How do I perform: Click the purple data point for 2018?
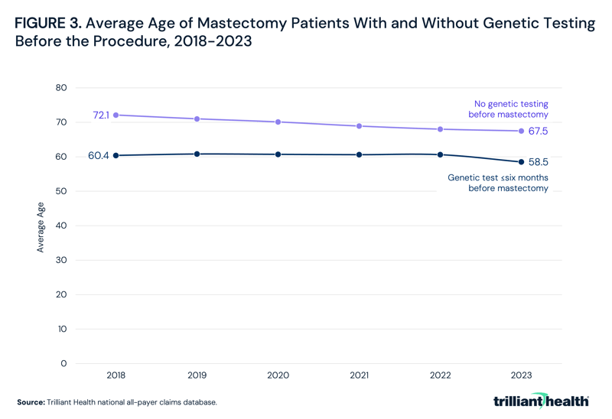[116, 115]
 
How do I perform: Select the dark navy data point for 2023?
[522, 162]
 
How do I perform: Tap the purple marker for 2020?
[278, 122]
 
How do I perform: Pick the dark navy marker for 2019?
[197, 154]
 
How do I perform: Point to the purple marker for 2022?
[441, 129]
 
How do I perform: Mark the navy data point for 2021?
[360, 155]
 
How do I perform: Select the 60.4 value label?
[99, 156]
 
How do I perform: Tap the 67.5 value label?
[539, 132]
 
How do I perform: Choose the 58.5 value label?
[539, 163]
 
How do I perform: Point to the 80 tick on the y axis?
[61, 88]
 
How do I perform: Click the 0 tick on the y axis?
[64, 364]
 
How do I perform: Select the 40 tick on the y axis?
[61, 226]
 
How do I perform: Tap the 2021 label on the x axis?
[360, 376]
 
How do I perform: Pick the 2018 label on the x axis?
[116, 376]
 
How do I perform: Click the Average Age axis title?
[41, 227]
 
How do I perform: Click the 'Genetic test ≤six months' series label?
[497, 183]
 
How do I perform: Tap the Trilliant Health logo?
[541, 401]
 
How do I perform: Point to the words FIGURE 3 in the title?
[48, 24]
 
